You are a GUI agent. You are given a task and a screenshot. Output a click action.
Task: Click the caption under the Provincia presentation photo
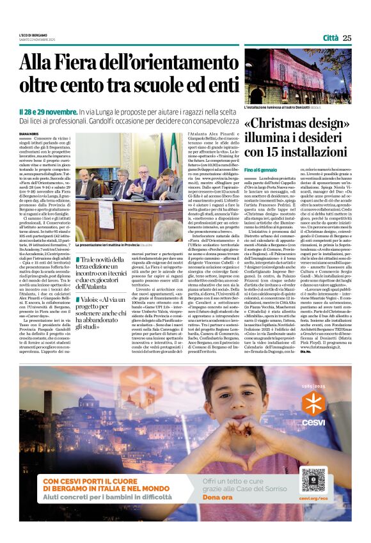coord(115,246)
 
